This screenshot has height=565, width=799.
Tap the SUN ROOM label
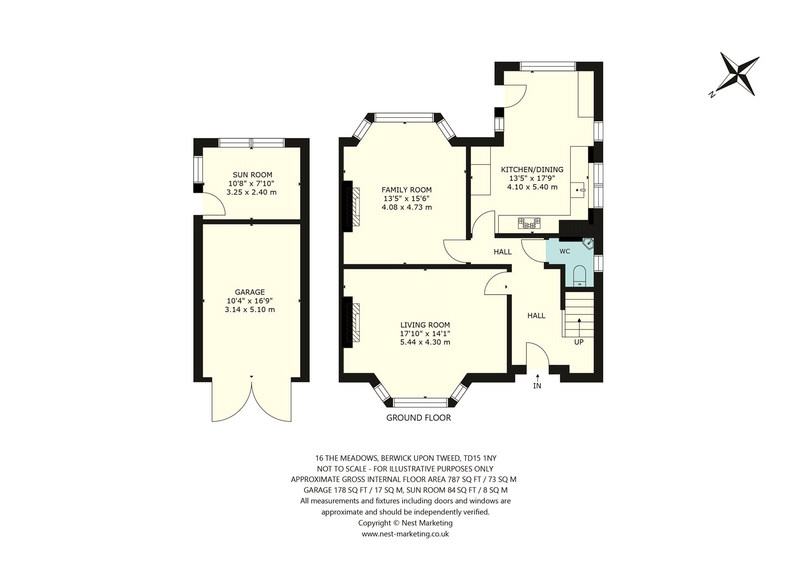252,175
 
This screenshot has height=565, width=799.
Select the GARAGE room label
250,292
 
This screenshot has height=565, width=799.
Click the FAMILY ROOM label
406,190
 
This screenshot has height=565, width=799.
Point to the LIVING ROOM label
425,325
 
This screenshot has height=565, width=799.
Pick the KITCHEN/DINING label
532,169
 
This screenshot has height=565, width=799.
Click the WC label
565,251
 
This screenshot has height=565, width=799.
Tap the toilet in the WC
580,276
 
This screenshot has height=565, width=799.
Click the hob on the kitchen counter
529,223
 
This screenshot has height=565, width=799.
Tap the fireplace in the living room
352,322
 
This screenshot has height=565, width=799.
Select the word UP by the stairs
579,342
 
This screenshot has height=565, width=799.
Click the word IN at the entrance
537,386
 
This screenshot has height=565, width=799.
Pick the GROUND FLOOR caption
418,418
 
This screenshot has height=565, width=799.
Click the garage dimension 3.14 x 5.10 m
250,309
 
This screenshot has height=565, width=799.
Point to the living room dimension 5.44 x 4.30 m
425,342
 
